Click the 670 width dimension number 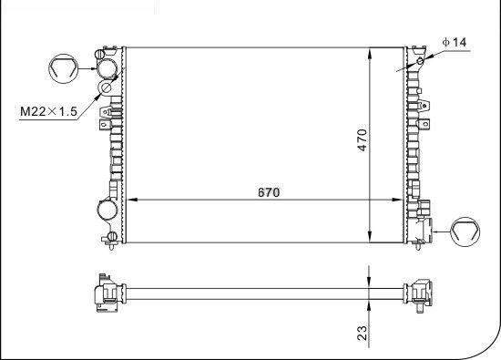[x=267, y=191]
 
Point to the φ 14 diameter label [x=454, y=43]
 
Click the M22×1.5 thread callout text [x=47, y=111]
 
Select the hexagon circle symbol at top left [x=62, y=67]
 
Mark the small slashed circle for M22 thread [x=106, y=89]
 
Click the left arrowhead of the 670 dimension [x=130, y=201]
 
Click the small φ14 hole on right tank [x=420, y=62]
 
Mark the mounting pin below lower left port [x=110, y=239]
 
